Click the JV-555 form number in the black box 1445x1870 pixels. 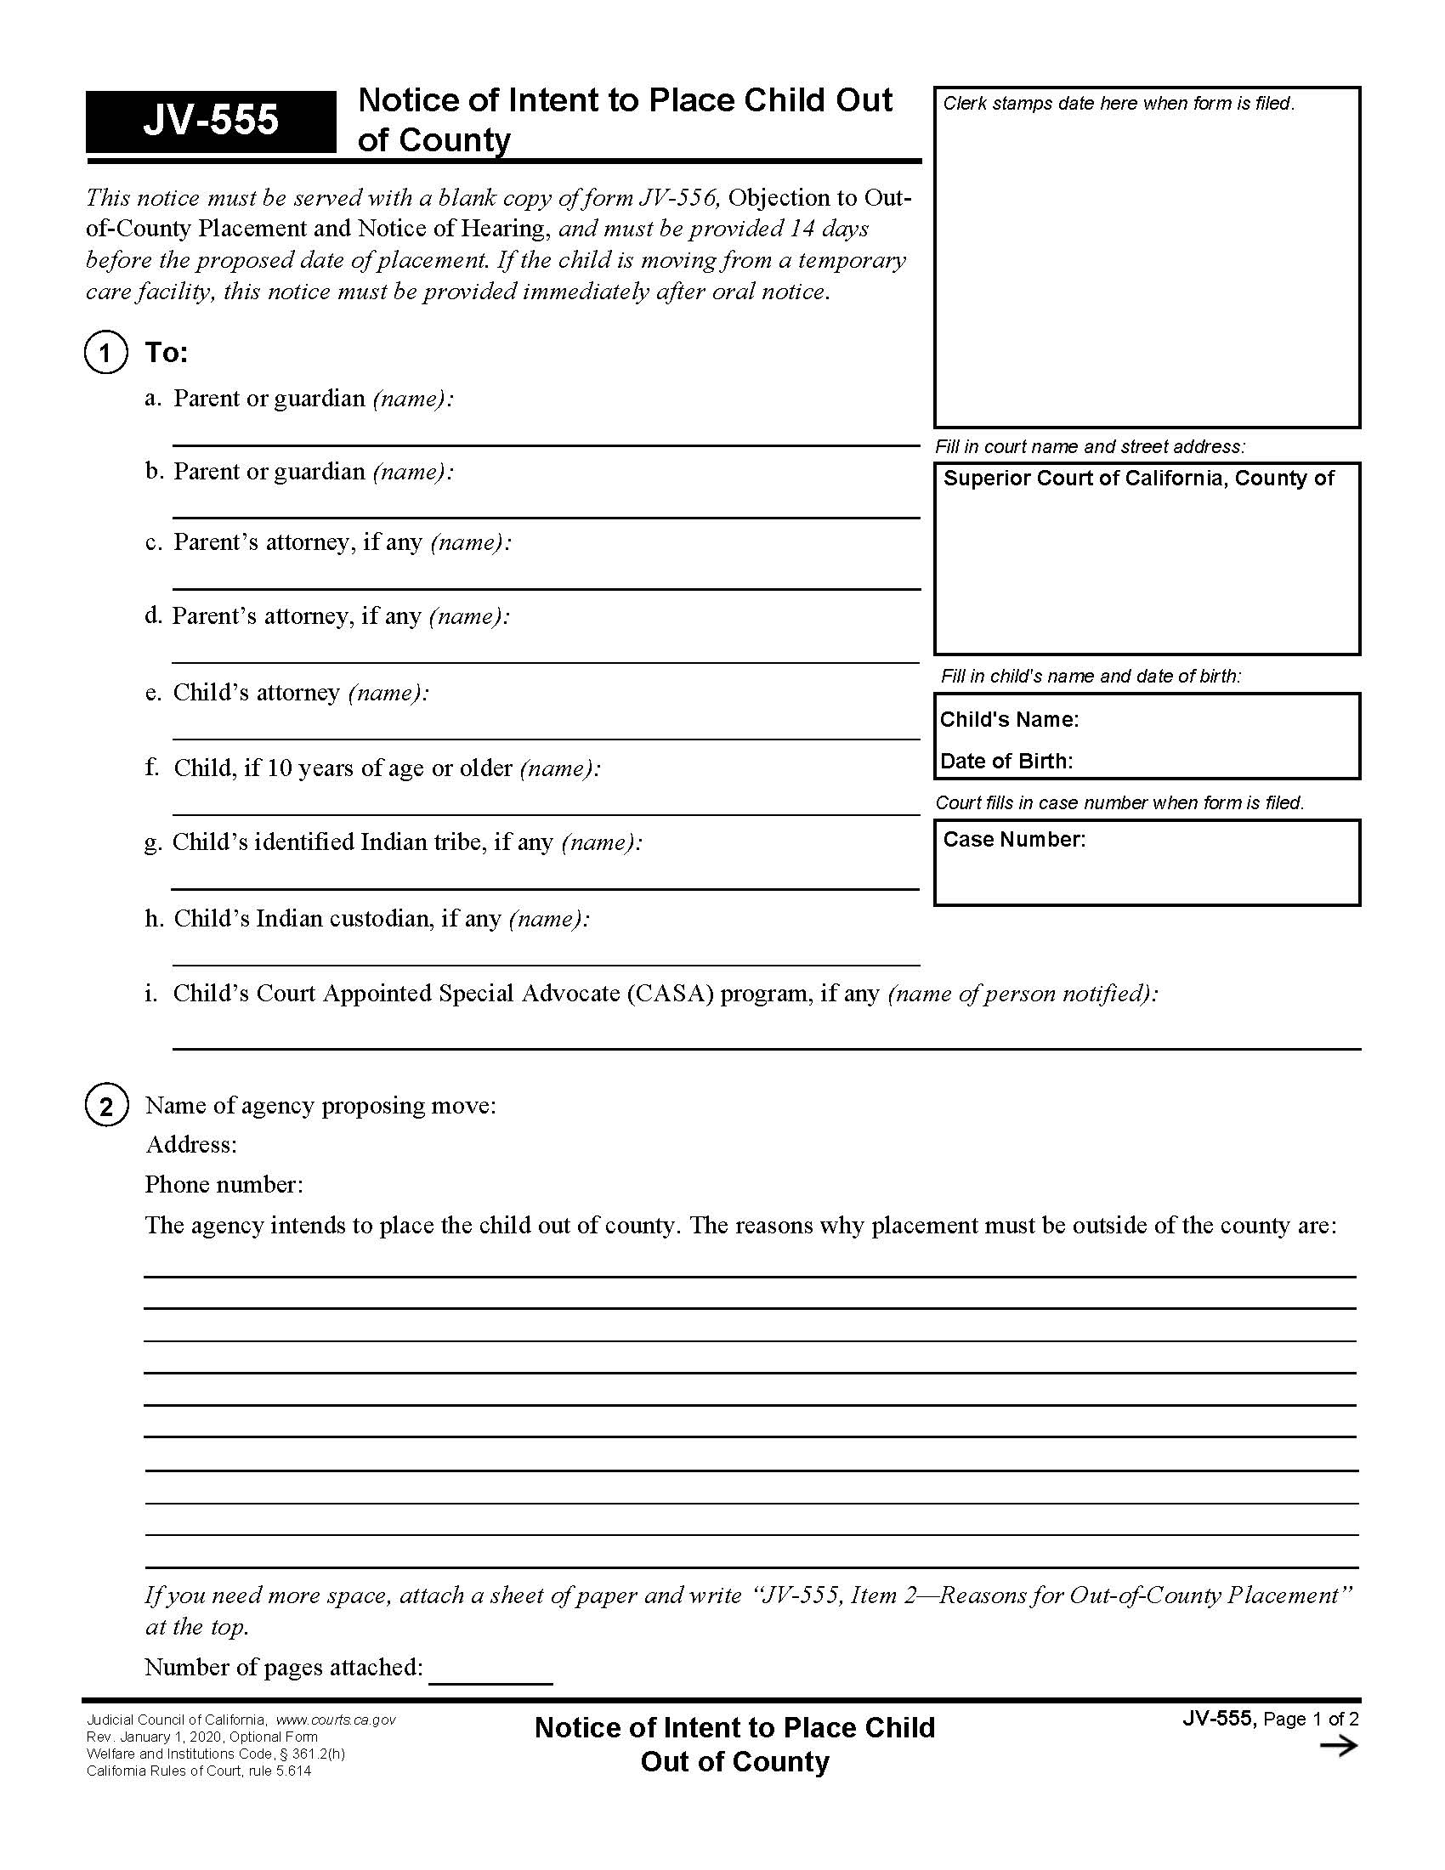(x=211, y=121)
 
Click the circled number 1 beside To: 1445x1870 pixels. (x=105, y=353)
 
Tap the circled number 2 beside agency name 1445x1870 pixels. (x=106, y=1106)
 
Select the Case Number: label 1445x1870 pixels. (x=1013, y=839)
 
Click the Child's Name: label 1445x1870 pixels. (x=1008, y=719)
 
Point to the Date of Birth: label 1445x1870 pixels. (x=1006, y=762)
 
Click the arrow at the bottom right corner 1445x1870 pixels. (x=1338, y=1746)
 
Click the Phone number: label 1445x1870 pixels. (x=224, y=1184)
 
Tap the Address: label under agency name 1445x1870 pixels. (x=191, y=1144)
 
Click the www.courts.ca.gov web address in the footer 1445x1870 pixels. (x=336, y=1720)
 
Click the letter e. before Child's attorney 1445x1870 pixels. (x=153, y=693)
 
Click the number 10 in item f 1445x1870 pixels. (x=279, y=768)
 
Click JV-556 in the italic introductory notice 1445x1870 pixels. (x=677, y=198)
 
